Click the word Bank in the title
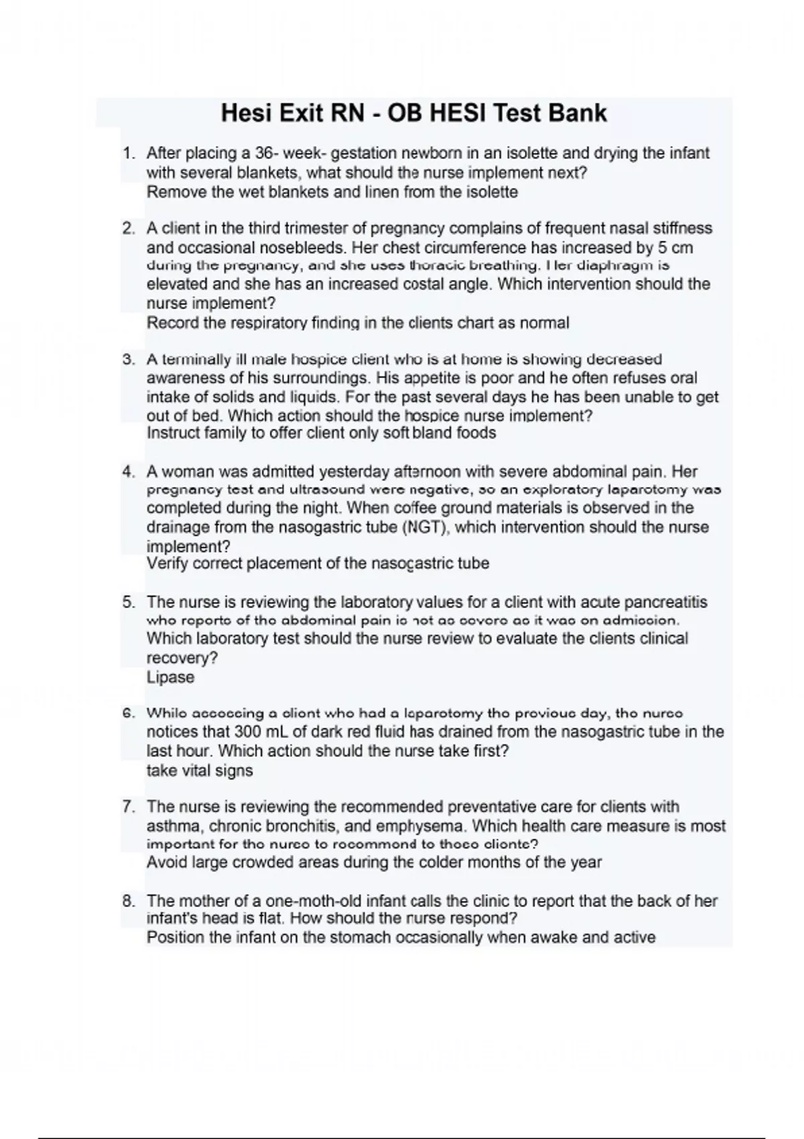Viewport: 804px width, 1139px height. click(577, 113)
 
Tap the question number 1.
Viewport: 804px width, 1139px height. click(129, 153)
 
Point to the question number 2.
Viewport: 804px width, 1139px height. click(129, 228)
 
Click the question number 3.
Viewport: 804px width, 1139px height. click(129, 359)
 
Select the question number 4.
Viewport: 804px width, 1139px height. click(129, 472)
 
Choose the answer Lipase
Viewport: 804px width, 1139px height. click(170, 677)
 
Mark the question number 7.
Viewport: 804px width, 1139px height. click(129, 807)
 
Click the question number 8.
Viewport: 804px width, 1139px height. click(129, 901)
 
